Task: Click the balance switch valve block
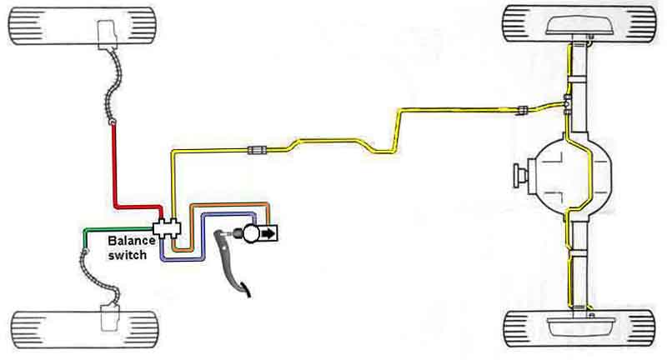pos(168,227)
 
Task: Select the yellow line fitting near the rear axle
pos(523,110)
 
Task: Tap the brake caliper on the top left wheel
pos(108,33)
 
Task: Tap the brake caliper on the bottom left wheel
pos(109,317)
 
